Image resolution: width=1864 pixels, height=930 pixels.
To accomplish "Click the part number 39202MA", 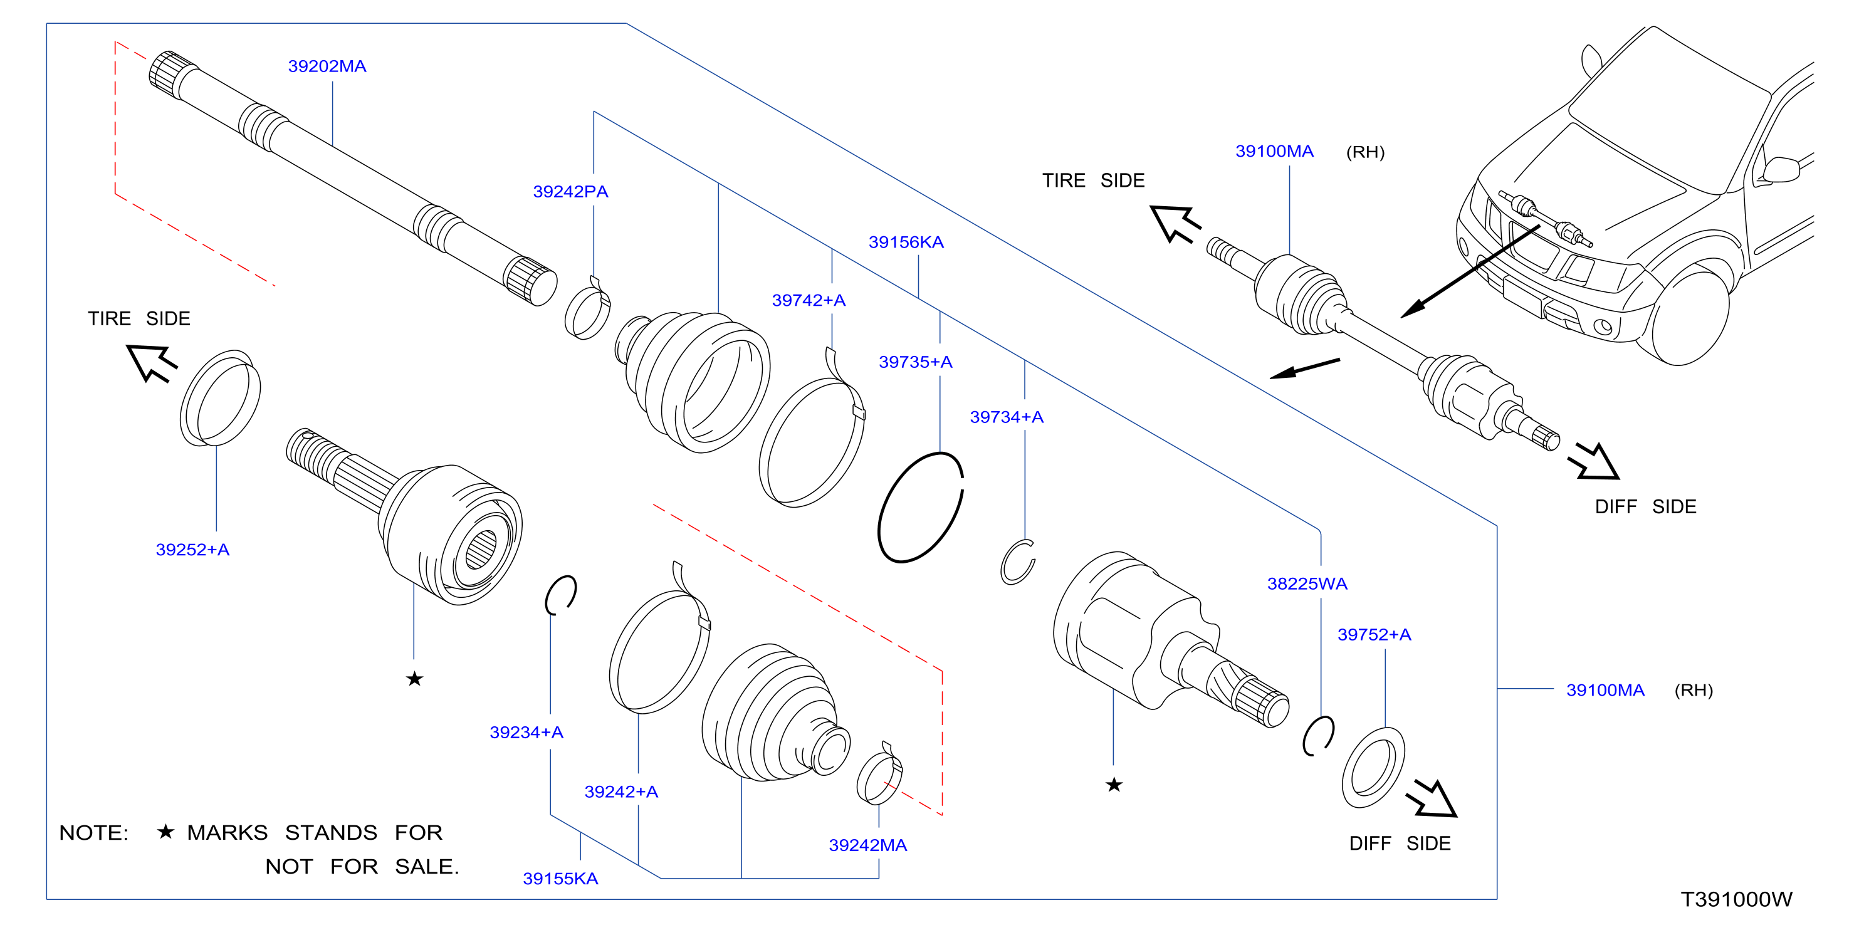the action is pos(327,66).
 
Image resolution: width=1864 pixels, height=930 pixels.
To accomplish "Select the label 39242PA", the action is pos(570,192).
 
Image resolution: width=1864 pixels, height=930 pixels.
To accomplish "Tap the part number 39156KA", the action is pos(906,243).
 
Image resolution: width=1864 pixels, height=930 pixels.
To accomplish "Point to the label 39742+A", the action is pos(809,300).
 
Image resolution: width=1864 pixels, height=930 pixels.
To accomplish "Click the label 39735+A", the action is pos(915,362).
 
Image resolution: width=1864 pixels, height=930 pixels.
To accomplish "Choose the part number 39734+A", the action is pos(1007,417).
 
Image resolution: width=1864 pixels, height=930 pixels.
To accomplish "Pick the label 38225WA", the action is pos(1307,584).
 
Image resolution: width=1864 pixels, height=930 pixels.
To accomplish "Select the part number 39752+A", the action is pos(1374,635).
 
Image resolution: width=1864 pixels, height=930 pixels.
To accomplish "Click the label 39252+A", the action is pos(192,550).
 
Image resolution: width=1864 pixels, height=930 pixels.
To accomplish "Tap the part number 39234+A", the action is pos(526,733).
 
